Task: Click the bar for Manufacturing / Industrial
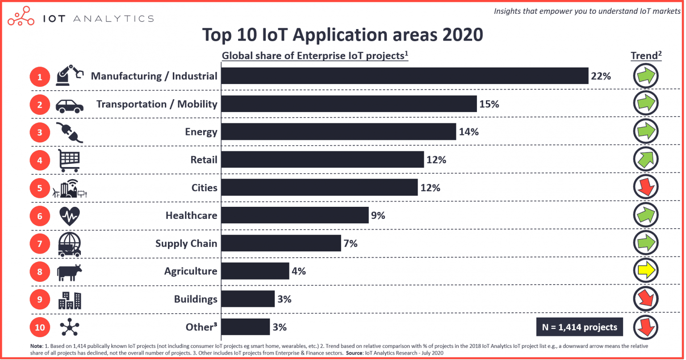[405, 76]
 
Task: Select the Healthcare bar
[295, 215]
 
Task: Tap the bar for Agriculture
[255, 271]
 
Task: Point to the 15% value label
[489, 104]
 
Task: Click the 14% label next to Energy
[468, 132]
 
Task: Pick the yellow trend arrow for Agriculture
[645, 271]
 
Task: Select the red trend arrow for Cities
[645, 187]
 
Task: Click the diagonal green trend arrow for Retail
[645, 159]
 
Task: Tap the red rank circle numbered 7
[40, 244]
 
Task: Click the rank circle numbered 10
[40, 327]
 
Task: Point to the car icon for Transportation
[69, 105]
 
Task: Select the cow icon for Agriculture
[69, 272]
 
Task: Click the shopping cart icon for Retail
[69, 160]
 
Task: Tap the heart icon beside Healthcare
[69, 216]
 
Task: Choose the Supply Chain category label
[186, 243]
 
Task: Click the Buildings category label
[196, 299]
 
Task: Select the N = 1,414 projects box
[579, 327]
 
